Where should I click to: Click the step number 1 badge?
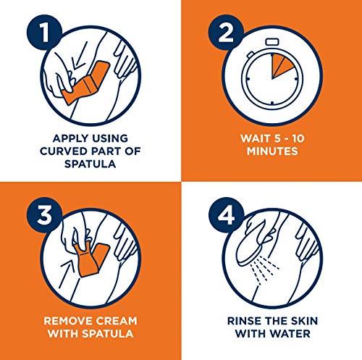click(44, 33)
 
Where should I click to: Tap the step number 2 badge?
click(226, 33)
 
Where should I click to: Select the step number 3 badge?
click(44, 215)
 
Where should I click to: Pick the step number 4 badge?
click(226, 215)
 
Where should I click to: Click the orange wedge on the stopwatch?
click(280, 65)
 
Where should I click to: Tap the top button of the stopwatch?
click(272, 41)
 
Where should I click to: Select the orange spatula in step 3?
click(90, 259)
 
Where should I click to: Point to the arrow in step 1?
click(80, 56)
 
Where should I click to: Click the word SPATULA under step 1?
click(90, 164)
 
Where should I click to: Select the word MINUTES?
click(272, 151)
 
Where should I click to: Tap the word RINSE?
click(245, 321)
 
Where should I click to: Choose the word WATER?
click(290, 334)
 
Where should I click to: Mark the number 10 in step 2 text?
click(298, 138)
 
